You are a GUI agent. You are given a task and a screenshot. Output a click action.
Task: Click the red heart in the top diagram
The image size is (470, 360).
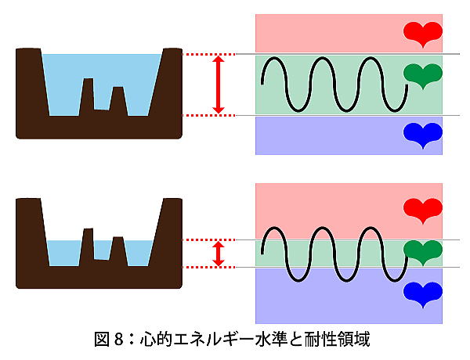422,33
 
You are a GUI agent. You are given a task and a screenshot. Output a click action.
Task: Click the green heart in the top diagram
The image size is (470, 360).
422,75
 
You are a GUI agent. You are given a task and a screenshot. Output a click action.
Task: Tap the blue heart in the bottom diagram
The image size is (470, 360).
422,293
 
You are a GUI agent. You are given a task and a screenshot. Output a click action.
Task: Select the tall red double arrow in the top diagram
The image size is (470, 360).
219,85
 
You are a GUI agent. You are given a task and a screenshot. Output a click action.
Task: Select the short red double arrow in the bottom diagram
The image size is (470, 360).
219,254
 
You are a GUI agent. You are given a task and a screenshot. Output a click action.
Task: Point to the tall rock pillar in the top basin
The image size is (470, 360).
88,95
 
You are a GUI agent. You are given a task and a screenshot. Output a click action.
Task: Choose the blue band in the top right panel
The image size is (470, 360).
329,135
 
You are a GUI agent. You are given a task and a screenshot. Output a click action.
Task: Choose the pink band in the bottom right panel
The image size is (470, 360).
329,210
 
